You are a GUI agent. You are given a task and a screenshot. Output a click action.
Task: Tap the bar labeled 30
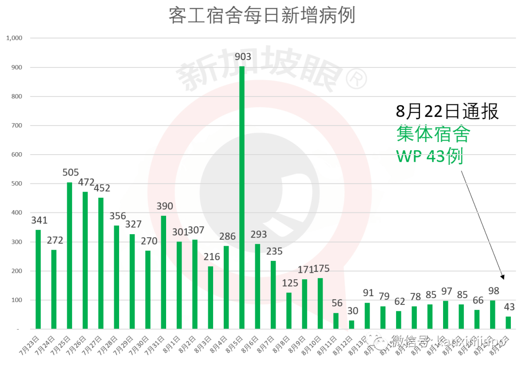(352, 325)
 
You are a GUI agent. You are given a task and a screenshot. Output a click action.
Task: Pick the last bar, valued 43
(508, 323)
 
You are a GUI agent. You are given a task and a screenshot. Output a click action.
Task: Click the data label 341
(39, 221)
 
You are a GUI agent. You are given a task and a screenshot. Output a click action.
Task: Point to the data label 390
(165, 207)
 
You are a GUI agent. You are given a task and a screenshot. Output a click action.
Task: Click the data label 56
(337, 303)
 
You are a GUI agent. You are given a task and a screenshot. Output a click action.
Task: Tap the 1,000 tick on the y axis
(14, 38)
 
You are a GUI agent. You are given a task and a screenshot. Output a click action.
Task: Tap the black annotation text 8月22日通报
(447, 111)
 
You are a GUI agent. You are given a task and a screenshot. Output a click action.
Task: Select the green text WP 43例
(430, 156)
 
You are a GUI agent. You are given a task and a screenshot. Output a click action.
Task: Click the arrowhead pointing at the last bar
(503, 277)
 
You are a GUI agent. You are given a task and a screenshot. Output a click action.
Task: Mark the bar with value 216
(211, 298)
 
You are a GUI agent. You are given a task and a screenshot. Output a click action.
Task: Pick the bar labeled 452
(101, 263)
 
